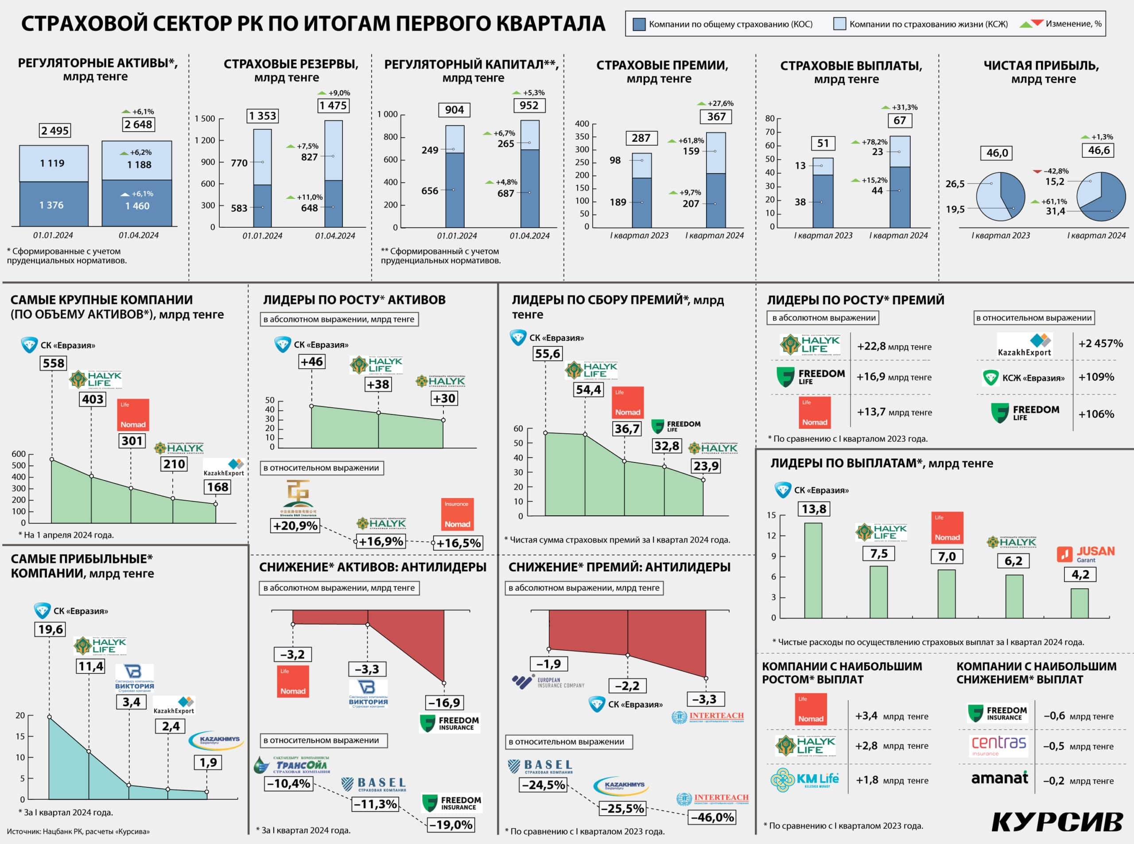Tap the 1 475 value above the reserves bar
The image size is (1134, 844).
pos(333,106)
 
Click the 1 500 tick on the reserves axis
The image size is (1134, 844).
pos(205,119)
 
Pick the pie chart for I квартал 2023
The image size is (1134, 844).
pos(1000,197)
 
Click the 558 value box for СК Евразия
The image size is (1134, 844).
pos(54,363)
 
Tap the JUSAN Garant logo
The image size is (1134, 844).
pos(1085,554)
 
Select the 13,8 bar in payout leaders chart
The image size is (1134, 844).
pos(813,570)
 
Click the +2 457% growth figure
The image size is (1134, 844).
pos(1100,343)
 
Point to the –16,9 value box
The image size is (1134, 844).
pos(444,703)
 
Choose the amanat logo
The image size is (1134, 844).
pos(999,778)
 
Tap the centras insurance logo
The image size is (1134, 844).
pos(998,745)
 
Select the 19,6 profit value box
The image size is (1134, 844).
pos(50,629)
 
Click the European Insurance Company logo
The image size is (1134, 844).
pos(548,682)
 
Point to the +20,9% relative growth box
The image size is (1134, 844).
pos(295,526)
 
